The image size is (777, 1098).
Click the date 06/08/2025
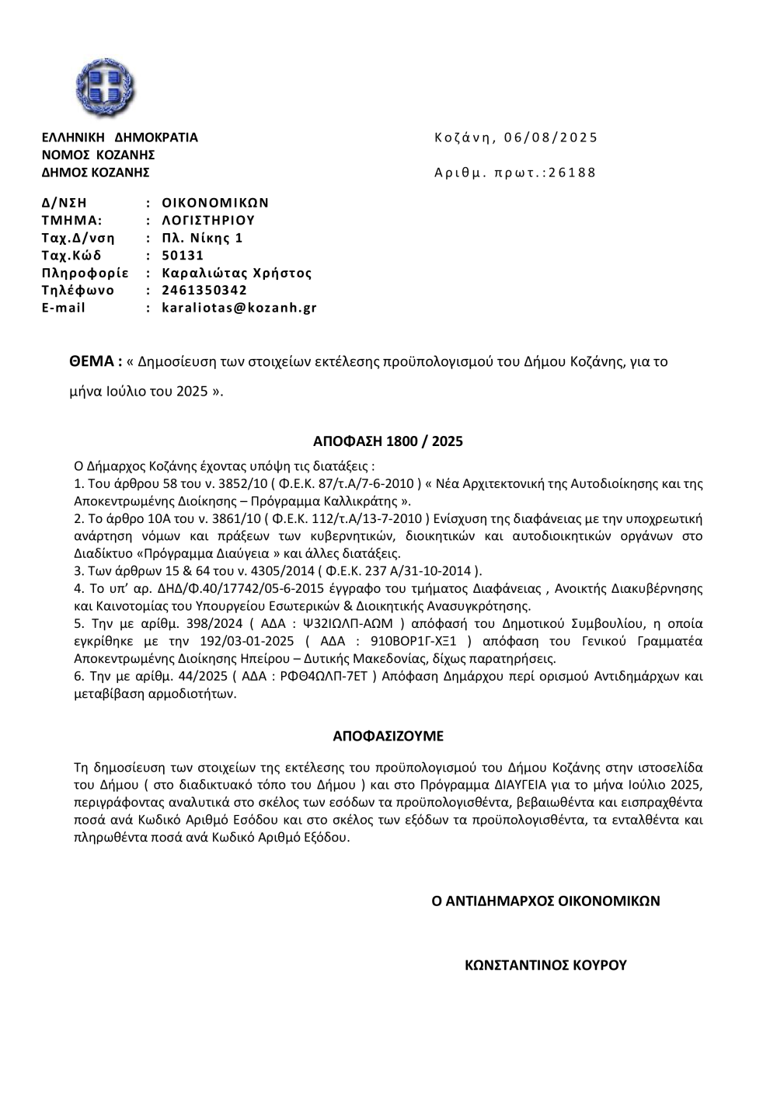pyautogui.click(x=551, y=138)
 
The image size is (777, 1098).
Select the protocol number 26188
pyautogui.click(x=572, y=173)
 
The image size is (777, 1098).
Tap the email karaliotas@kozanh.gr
pyautogui.click(x=239, y=308)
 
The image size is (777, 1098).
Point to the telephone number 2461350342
pyautogui.click(x=204, y=291)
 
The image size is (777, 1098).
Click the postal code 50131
pyautogui.click(x=183, y=256)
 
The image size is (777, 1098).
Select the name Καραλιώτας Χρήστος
pyautogui.click(x=237, y=273)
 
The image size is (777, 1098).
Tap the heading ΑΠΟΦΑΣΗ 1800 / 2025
pyautogui.click(x=388, y=442)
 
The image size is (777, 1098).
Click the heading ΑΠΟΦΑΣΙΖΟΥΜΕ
pyautogui.click(x=388, y=735)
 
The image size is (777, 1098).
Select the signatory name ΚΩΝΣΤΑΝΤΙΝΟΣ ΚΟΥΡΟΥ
pyautogui.click(x=545, y=966)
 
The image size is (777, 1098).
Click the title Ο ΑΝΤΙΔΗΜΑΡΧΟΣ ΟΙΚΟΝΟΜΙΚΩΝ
pyautogui.click(x=545, y=901)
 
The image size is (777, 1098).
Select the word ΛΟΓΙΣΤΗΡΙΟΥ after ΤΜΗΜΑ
pyautogui.click(x=208, y=221)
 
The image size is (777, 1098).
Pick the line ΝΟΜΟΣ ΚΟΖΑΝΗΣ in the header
pyautogui.click(x=98, y=155)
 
